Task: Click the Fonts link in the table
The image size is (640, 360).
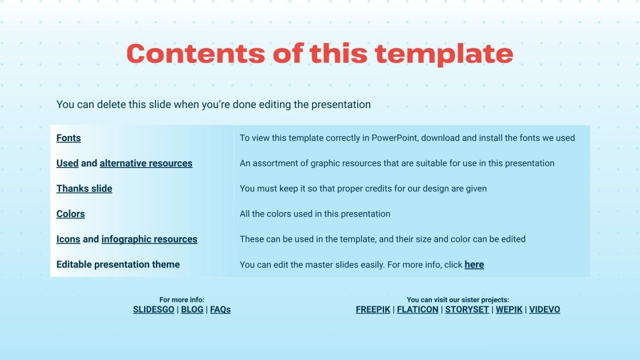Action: [x=69, y=138]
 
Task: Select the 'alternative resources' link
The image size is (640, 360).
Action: [x=146, y=163]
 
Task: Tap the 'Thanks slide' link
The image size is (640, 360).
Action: [x=84, y=189]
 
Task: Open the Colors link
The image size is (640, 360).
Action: [x=70, y=214]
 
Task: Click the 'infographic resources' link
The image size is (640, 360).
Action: [x=149, y=239]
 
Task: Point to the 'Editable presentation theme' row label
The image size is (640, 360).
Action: [x=118, y=265]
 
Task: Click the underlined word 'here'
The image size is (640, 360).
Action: [x=474, y=265]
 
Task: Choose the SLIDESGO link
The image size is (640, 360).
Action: [x=153, y=310]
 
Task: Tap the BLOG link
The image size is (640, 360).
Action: [x=192, y=310]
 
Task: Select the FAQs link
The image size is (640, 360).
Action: [x=220, y=310]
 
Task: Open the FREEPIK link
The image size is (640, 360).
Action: [x=373, y=310]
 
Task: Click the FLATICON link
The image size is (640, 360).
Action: [x=418, y=310]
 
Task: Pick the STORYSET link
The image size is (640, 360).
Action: [x=467, y=310]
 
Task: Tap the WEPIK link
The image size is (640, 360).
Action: [x=509, y=310]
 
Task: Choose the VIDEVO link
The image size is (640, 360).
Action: [x=545, y=310]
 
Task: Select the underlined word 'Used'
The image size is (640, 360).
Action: [x=67, y=163]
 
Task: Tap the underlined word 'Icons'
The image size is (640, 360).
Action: [x=68, y=239]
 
